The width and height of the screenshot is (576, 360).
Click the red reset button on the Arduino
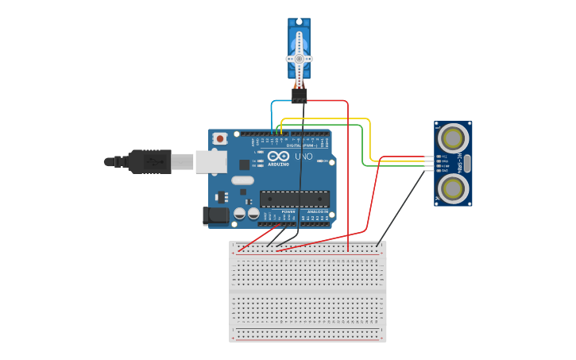pyautogui.click(x=220, y=138)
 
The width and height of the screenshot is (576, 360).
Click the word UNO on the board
pyautogui.click(x=303, y=157)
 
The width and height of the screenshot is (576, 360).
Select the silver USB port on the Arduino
pyautogui.click(x=211, y=161)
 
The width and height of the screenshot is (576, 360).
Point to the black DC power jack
pyautogui.click(x=215, y=215)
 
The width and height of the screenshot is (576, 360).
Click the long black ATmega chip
pyautogui.click(x=294, y=199)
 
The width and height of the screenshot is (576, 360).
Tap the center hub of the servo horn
pyautogui.click(x=299, y=59)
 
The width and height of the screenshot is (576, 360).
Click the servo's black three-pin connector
pyautogui.click(x=299, y=95)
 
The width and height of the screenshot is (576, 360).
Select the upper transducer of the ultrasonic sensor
pyautogui.click(x=452, y=138)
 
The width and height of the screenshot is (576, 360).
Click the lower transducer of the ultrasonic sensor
pyautogui.click(x=452, y=188)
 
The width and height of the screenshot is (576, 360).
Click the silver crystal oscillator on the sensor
pyautogui.click(x=467, y=164)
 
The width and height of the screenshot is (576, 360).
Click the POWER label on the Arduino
pyautogui.click(x=288, y=212)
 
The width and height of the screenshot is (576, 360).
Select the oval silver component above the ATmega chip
pyautogui.click(x=242, y=180)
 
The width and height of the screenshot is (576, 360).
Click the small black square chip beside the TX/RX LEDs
pyautogui.click(x=245, y=165)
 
